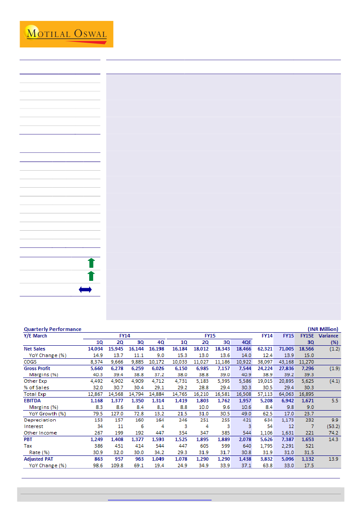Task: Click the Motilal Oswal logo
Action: pos(66,34)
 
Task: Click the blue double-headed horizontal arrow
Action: pos(85,290)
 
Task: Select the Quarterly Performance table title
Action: pos(52,329)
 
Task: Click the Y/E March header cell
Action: pos(35,336)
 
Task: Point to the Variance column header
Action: pos(328,336)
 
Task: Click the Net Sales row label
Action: pos(34,349)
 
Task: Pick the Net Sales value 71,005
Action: pos(287,349)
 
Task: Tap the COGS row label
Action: pos(30,361)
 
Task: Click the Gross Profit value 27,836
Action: pos(287,368)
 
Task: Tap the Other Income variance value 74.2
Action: pos(333,433)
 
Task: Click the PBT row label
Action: pos(27,439)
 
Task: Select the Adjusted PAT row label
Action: pos(38,459)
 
